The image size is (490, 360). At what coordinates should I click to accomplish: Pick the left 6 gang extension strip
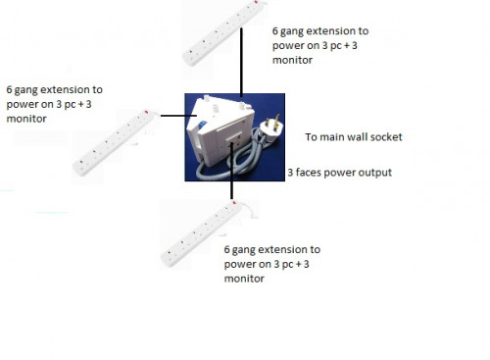(x=116, y=141)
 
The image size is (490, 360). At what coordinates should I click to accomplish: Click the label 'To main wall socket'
(x=354, y=137)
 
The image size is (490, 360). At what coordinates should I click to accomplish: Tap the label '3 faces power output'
(x=339, y=173)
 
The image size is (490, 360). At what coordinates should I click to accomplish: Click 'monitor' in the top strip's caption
(x=292, y=60)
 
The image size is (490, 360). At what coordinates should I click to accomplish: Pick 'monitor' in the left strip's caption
(x=26, y=118)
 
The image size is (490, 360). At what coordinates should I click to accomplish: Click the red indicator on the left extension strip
(x=147, y=115)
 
